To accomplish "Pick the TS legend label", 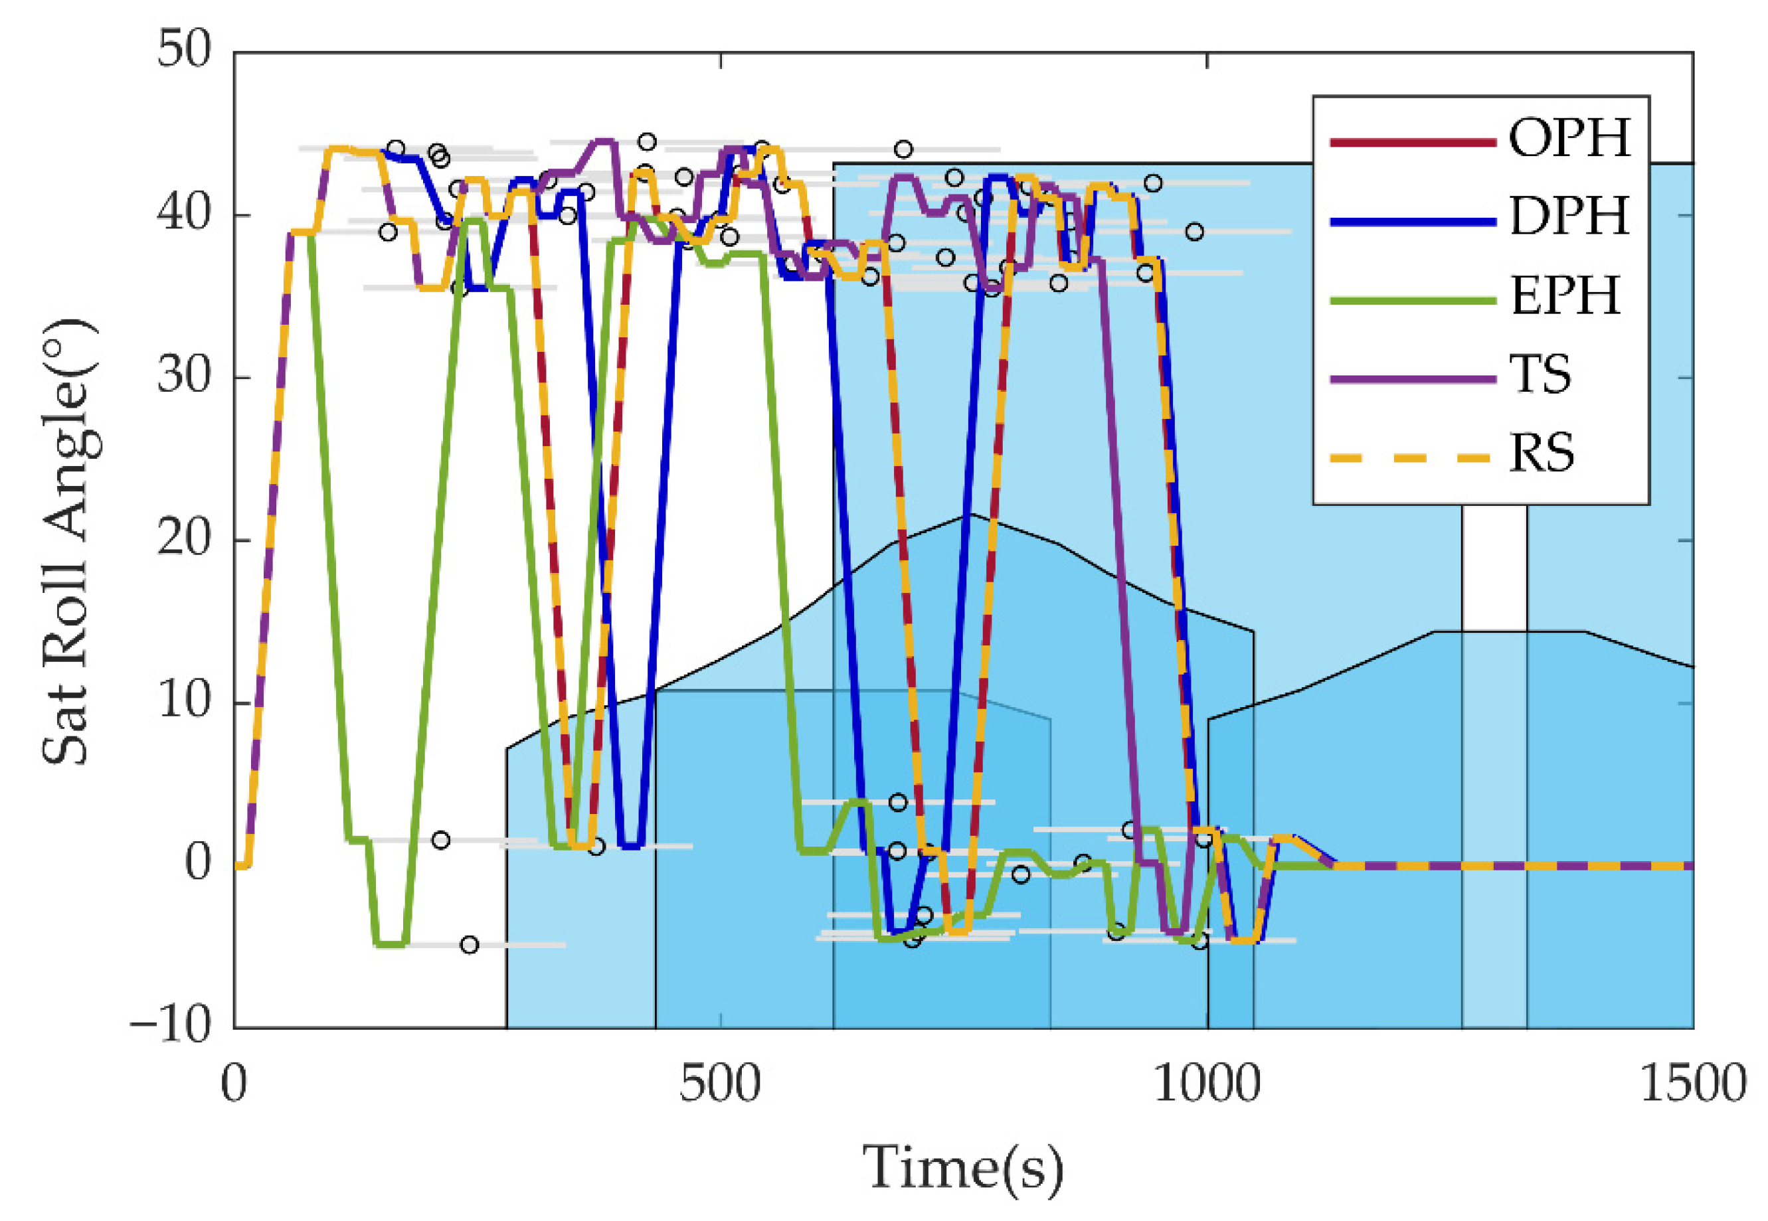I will click(x=1540, y=375).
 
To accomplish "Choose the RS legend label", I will click(x=1542, y=453).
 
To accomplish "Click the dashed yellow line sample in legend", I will click(x=1412, y=457).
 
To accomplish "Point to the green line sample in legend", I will click(x=1412, y=301).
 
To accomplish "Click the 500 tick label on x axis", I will click(x=719, y=1085).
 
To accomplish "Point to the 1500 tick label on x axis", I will click(x=1692, y=1085).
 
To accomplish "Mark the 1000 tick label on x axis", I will click(x=1206, y=1085).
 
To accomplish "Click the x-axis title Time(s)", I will click(x=963, y=1168).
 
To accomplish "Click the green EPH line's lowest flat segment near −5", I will click(x=391, y=944).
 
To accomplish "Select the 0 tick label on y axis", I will click(x=197, y=863).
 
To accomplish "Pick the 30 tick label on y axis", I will click(x=184, y=376).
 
